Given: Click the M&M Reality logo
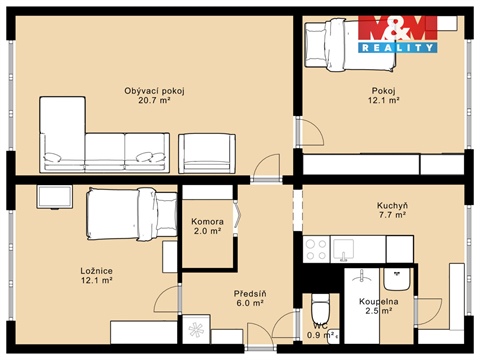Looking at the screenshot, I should [x=397, y=33].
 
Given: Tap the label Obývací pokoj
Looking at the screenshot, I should [x=154, y=91].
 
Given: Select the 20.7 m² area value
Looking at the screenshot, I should [x=154, y=101].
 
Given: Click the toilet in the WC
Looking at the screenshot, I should [x=320, y=307].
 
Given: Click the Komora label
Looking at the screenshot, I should [x=207, y=221].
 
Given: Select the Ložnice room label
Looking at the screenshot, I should [x=96, y=270].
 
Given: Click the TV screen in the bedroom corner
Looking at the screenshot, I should [x=54, y=197].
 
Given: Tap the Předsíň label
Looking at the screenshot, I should [x=249, y=293].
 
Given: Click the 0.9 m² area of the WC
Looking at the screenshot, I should [x=320, y=335].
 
